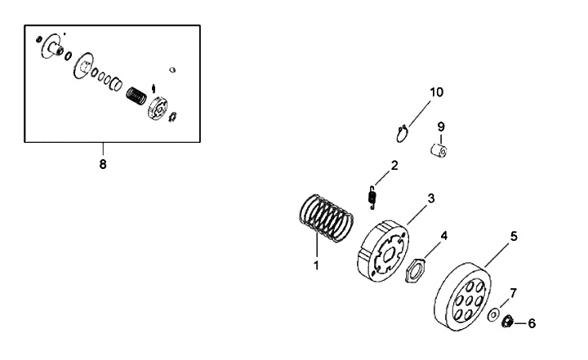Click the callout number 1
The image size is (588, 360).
tap(316, 265)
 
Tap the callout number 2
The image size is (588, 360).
tap(394, 166)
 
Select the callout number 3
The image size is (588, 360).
tap(430, 198)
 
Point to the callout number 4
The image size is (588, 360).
tap(443, 235)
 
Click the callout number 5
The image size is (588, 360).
tap(514, 236)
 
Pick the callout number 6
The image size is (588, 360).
tap(532, 323)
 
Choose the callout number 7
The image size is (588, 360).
tap(513, 292)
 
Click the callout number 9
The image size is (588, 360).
tap(440, 127)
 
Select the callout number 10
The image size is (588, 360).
tap(437, 92)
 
